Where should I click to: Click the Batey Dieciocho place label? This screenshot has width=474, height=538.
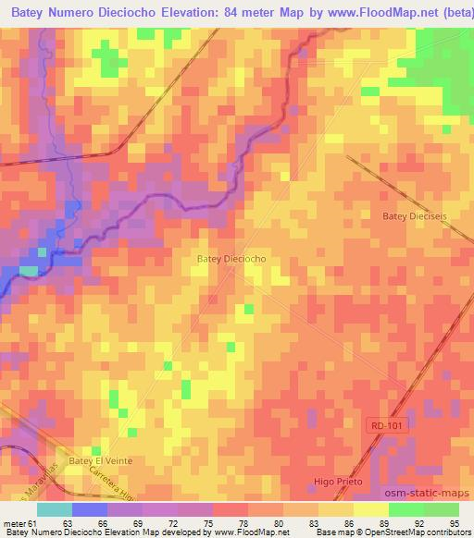point(231,260)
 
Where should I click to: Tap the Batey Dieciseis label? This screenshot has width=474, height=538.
point(414,215)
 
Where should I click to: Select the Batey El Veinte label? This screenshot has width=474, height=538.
point(102,459)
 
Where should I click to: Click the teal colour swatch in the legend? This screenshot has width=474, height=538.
point(56,508)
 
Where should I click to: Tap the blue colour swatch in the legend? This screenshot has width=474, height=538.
point(91,508)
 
